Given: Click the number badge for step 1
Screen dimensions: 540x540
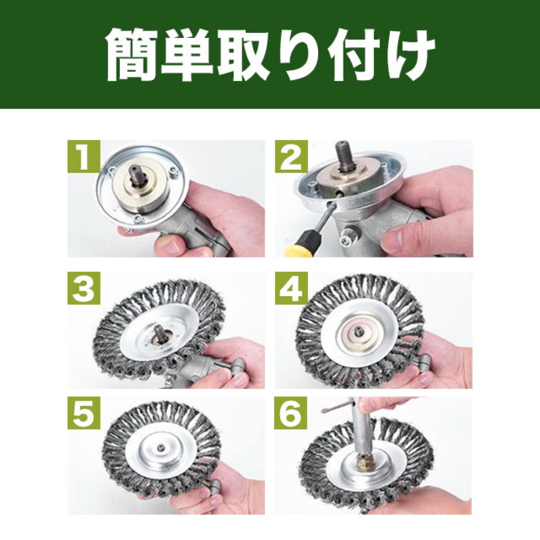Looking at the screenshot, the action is click(84, 157).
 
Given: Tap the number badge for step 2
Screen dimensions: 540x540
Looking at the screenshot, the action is click(291, 157).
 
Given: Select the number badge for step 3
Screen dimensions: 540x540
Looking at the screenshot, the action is click(84, 288).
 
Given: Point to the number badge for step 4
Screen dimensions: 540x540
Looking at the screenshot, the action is click(291, 288).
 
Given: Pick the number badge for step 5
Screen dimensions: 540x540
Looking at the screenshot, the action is click(84, 413).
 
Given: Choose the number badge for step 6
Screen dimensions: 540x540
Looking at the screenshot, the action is click(291, 413).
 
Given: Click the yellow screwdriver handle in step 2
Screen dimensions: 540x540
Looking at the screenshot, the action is click(299, 246).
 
